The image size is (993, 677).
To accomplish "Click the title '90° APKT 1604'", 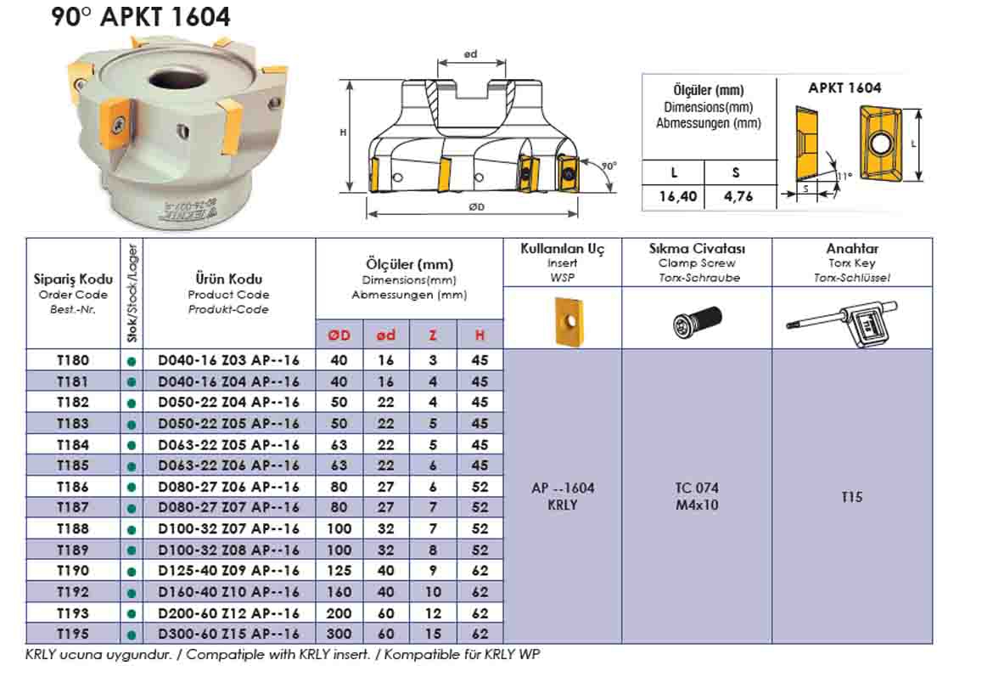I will [140, 17].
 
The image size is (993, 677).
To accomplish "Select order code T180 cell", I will [72, 359].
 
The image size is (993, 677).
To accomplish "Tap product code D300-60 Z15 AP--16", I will [229, 634].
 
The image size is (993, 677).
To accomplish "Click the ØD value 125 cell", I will [339, 571].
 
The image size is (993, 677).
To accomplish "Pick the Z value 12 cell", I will [433, 613].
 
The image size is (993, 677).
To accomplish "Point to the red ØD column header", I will [339, 336].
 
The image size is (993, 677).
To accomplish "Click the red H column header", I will [480, 336].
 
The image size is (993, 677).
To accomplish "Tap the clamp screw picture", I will [696, 320].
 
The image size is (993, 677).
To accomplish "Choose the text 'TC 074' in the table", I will [696, 488].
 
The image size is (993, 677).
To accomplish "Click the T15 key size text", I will [851, 498].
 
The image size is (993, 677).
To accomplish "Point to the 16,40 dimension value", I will [677, 197].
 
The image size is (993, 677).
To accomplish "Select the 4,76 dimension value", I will [735, 197].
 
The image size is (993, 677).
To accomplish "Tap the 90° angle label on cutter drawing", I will [609, 166].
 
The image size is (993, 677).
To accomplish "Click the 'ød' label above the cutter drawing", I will [471, 55].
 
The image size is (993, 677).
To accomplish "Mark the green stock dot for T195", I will [131, 635].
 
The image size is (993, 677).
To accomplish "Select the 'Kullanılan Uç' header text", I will [563, 249].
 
